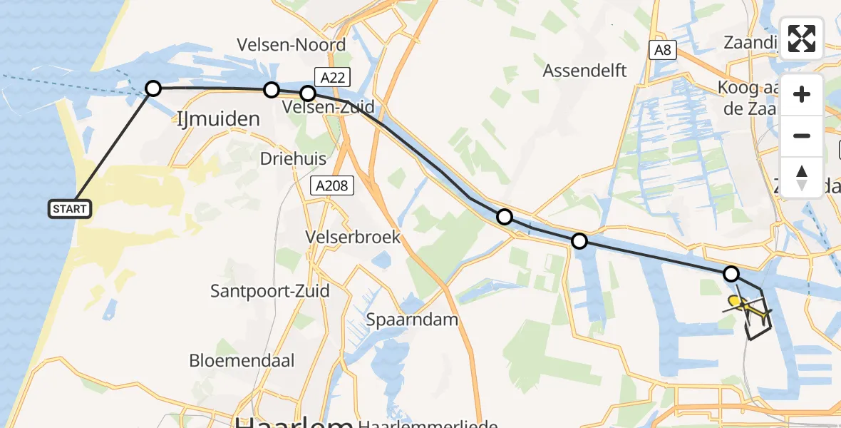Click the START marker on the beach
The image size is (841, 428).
[x=70, y=209]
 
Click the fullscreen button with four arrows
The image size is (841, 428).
[x=802, y=39]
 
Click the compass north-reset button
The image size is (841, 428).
[x=802, y=178]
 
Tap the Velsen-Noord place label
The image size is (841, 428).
[x=291, y=44]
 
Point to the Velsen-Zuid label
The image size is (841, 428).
[x=328, y=108]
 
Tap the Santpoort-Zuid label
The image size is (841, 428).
[x=270, y=291]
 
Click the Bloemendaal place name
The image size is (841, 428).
[x=242, y=360]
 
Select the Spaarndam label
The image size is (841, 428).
[x=412, y=319]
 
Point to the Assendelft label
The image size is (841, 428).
[x=584, y=71]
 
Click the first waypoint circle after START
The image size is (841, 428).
[x=153, y=88]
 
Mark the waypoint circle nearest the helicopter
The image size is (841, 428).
[x=731, y=273]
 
